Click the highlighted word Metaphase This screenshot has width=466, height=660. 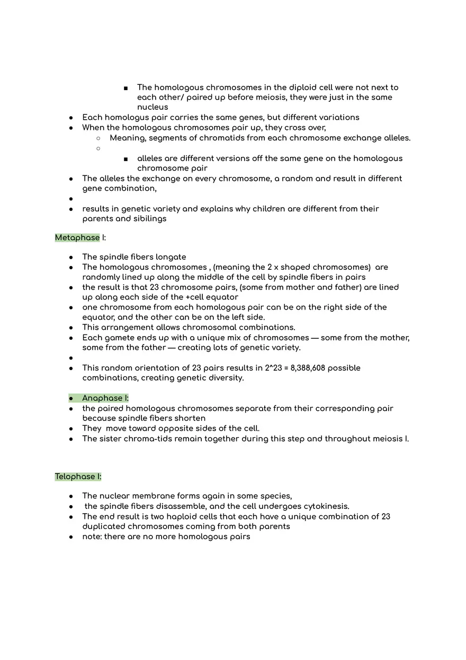coord(77,237)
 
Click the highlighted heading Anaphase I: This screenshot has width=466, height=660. coord(105,398)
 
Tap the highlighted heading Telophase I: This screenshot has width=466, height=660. coord(78,477)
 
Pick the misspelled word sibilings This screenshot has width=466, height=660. coord(149,219)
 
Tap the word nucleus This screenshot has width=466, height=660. coord(153,107)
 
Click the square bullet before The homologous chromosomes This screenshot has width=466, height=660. coord(125,88)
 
